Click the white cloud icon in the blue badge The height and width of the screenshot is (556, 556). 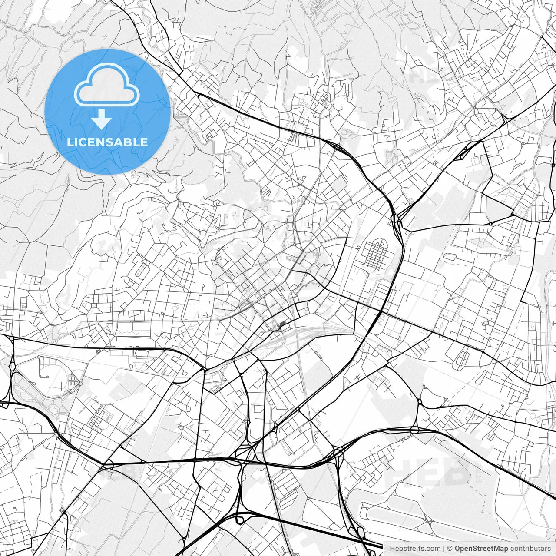tap(107, 85)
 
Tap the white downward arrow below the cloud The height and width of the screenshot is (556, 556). tap(102, 119)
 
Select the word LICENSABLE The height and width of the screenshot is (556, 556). tap(107, 142)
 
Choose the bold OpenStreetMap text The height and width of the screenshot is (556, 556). tap(481, 549)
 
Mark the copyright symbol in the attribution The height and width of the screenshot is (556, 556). tap(450, 549)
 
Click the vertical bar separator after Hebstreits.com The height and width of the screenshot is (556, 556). tap(443, 549)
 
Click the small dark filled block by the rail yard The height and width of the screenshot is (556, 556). tap(282, 324)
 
